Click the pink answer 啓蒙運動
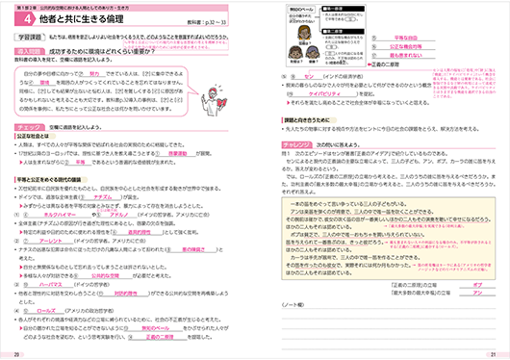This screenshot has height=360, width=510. [162, 181]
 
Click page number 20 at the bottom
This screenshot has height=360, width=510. [18, 354]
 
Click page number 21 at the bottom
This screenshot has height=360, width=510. [490, 354]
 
